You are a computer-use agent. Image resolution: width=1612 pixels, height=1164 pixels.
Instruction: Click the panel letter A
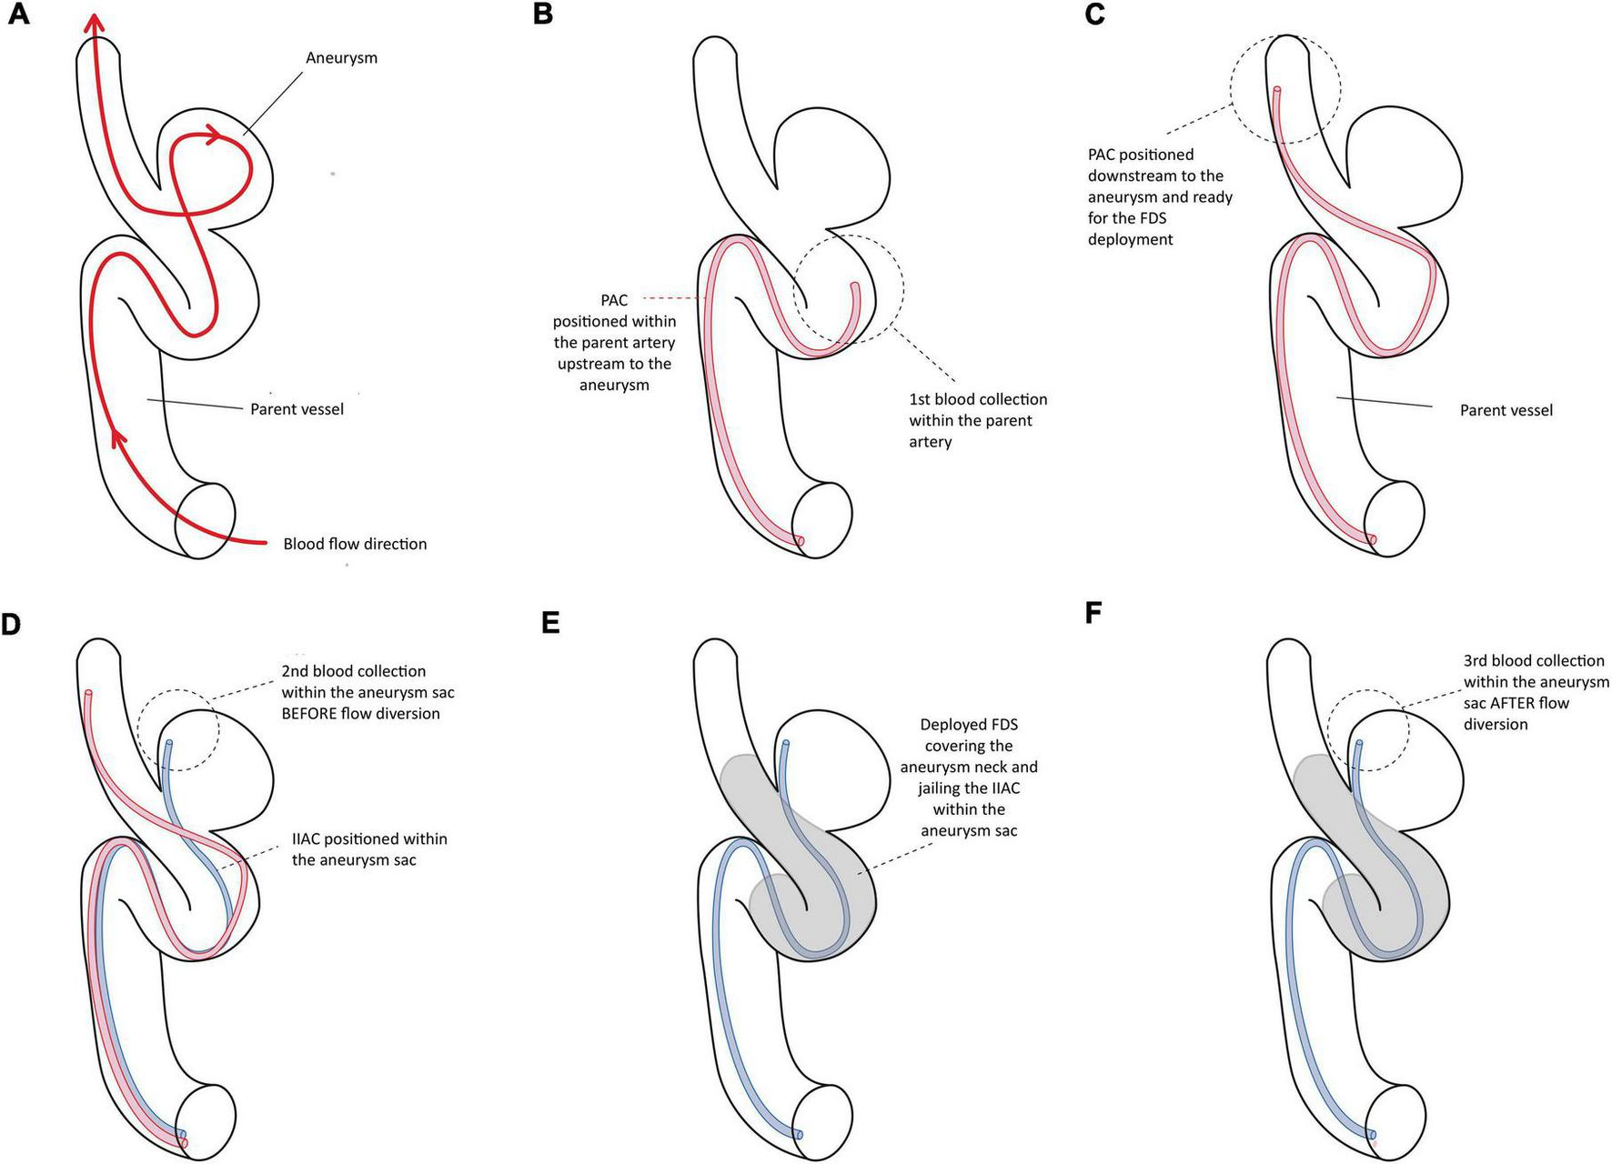tap(17, 15)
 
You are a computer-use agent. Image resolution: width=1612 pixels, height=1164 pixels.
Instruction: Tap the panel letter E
tap(549, 623)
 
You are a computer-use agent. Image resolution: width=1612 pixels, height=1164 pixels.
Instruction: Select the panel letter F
tap(1093, 613)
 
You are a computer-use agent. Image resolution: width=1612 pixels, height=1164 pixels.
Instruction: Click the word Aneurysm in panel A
tap(341, 58)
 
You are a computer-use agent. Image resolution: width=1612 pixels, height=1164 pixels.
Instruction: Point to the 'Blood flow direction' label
tap(355, 544)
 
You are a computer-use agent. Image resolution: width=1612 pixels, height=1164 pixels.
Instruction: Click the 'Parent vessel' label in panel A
tap(297, 409)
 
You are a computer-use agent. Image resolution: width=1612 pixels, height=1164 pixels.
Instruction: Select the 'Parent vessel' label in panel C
tap(1506, 410)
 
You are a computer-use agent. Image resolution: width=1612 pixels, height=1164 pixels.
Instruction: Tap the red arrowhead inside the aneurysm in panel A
tap(214, 136)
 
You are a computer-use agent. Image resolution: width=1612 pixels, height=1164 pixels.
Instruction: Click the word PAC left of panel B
tap(614, 300)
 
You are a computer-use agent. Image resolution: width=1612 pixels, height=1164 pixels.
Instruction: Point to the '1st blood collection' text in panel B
tap(978, 399)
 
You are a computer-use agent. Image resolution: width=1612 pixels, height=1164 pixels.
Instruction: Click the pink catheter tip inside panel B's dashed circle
tap(854, 287)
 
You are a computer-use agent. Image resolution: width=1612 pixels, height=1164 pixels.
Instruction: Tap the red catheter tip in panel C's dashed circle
tap(1277, 91)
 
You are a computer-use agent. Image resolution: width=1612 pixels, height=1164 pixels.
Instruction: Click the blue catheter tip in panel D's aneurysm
tap(169, 744)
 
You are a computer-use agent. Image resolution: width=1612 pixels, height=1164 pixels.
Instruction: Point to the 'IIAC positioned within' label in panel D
tap(369, 838)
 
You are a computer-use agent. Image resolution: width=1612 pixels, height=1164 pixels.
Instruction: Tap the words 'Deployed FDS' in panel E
tap(969, 725)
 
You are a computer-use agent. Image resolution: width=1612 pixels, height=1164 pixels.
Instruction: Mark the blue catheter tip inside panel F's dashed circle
tap(1359, 744)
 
